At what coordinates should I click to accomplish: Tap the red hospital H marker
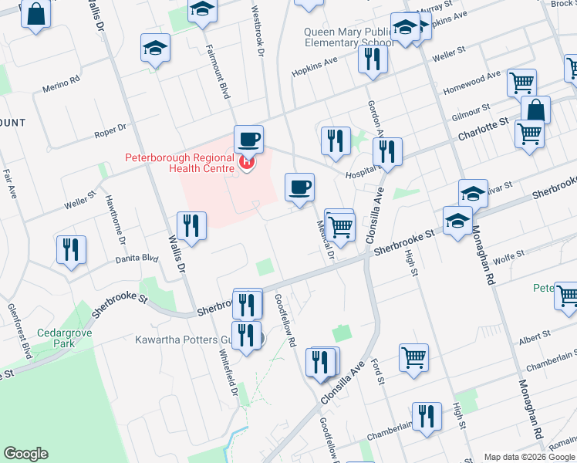pos(247,163)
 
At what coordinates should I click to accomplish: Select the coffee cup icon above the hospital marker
pos(248,140)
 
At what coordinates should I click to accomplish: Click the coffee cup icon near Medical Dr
pos(299,187)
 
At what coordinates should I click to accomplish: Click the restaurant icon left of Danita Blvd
pos(71,250)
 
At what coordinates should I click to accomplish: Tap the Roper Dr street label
pos(110,130)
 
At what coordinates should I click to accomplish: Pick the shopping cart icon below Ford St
pos(413,357)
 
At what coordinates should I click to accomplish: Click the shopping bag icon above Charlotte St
pos(535,110)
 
